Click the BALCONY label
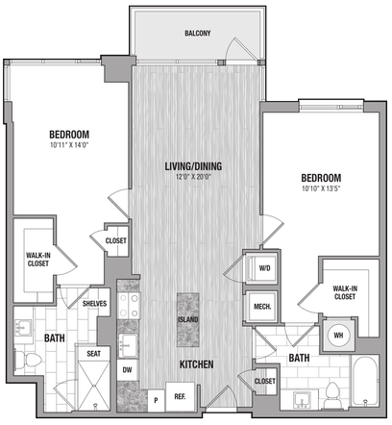[198, 33]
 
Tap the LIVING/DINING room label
[193, 166]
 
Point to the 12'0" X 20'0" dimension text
[193, 177]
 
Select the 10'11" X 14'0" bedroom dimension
[69, 145]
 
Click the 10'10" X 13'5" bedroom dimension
[321, 188]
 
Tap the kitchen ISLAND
[188, 319]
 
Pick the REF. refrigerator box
[180, 396]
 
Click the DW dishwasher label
[127, 370]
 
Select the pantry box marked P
[156, 400]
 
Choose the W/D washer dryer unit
[262, 268]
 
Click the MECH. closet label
[262, 307]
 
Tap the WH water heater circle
[338, 336]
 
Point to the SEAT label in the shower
[93, 354]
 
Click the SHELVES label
[94, 304]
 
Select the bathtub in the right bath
[365, 381]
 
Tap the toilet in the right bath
[332, 395]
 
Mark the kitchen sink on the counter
[128, 346]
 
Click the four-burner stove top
[128, 306]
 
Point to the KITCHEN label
[196, 364]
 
